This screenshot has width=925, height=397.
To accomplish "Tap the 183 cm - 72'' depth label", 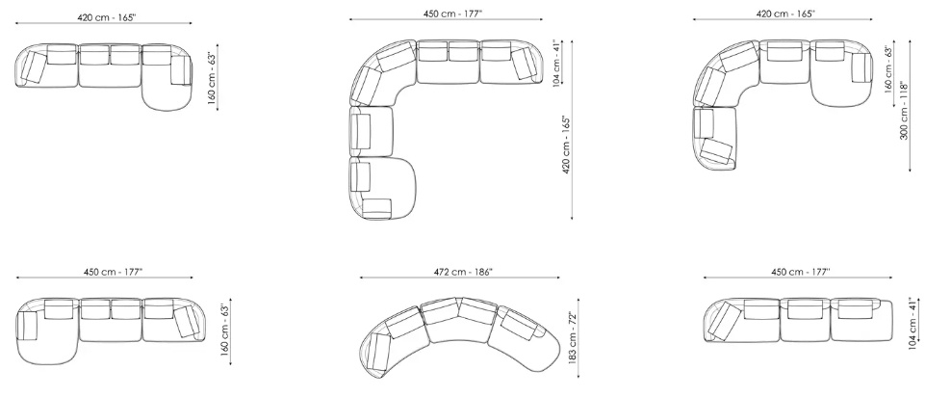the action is coord(572,336).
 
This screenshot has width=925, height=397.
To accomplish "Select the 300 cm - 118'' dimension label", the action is coord(904,111).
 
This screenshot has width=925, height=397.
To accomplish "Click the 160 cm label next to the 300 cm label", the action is coord(887,69).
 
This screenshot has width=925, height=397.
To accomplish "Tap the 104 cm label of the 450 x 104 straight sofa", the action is coord(913,324).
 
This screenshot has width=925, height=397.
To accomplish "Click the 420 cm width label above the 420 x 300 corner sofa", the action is coord(785,13).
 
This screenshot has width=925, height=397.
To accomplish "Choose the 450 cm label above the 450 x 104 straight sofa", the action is coord(801,272).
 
